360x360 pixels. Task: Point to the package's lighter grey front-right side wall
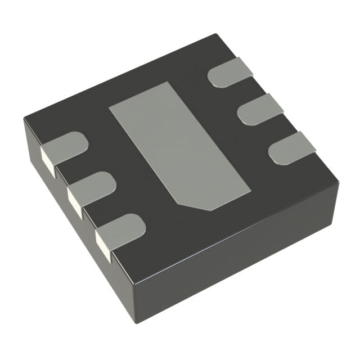click(236, 264)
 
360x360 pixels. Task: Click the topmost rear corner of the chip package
click(217, 35)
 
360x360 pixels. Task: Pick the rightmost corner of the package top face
click(339, 181)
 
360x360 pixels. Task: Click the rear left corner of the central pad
click(109, 105)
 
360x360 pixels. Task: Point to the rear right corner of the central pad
click(173, 82)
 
